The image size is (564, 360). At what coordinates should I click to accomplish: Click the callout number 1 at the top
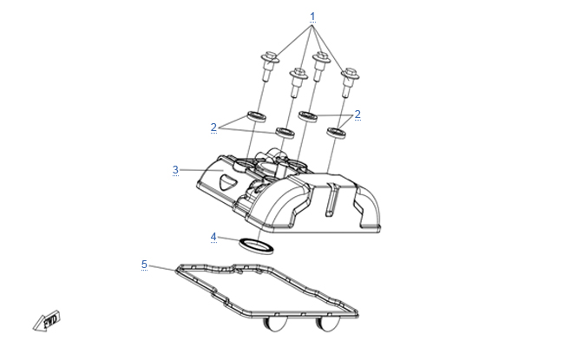click(x=312, y=16)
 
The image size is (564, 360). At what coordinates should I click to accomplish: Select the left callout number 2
click(x=213, y=127)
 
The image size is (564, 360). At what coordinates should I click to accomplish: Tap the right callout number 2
click(x=357, y=114)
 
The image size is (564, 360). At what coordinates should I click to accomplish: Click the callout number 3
click(x=175, y=169)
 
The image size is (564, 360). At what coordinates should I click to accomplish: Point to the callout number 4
click(x=213, y=237)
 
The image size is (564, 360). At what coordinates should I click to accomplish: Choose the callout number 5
click(x=144, y=265)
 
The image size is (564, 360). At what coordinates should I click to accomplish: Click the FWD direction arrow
click(x=47, y=321)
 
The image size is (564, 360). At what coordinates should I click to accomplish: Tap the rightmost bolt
click(x=350, y=82)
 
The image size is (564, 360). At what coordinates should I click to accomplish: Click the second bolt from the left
click(x=298, y=82)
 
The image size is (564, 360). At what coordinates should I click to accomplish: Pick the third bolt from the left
click(x=321, y=67)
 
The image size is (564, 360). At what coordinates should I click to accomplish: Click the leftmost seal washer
click(x=257, y=116)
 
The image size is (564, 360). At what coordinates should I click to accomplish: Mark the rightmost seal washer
click(x=337, y=133)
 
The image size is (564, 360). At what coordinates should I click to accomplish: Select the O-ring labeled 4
click(x=256, y=246)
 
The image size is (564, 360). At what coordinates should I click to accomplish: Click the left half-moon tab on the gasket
click(x=276, y=324)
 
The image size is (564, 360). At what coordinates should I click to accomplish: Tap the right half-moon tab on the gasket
click(x=327, y=324)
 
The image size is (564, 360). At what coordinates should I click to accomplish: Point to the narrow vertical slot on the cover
click(x=331, y=200)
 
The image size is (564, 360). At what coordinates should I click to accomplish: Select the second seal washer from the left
click(x=285, y=133)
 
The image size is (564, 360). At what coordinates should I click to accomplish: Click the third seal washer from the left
click(x=308, y=116)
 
